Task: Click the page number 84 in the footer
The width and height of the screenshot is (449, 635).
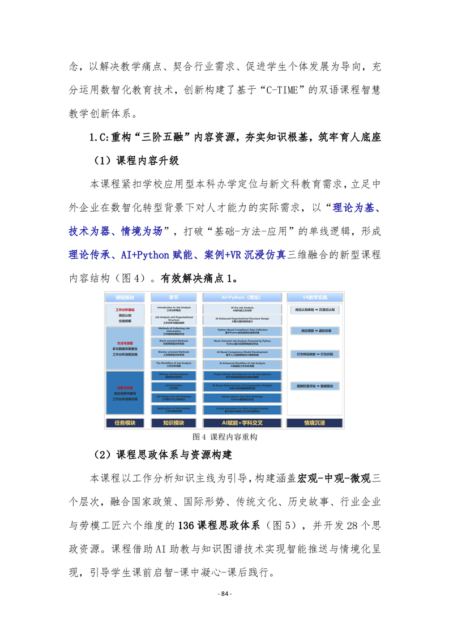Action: coord(225,594)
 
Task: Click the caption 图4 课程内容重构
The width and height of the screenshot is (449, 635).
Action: coord(225,437)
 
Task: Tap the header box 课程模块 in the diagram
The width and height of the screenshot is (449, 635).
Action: coord(125,297)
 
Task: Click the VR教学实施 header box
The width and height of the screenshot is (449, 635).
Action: coord(315,297)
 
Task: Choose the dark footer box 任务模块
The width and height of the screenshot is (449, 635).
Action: coord(125,423)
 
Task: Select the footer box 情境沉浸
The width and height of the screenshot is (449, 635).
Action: coord(315,423)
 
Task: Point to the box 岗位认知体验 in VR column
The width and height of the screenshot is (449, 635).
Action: coord(315,310)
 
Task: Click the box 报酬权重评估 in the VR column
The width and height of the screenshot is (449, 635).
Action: coord(315,386)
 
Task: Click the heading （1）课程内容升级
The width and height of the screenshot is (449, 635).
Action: coord(136,160)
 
